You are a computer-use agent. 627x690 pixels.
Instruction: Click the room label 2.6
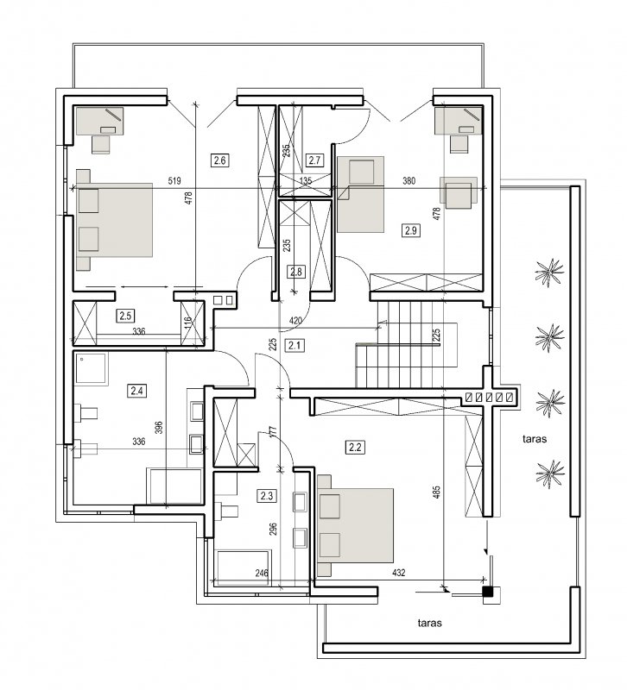point(220,160)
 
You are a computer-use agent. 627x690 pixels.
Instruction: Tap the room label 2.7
point(314,160)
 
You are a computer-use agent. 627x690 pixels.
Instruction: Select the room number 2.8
point(296,272)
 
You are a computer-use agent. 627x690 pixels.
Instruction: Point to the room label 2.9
point(410,230)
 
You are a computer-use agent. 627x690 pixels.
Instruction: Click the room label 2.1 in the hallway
point(294,346)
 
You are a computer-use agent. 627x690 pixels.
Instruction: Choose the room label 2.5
point(125,316)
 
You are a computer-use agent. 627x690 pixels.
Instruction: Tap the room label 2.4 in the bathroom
point(136,391)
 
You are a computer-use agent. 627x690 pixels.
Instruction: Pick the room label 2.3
point(267,496)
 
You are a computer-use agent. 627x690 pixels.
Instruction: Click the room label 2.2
point(355,448)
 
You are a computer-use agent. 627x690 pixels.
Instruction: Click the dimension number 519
point(174,181)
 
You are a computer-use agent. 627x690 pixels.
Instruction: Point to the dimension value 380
point(408,181)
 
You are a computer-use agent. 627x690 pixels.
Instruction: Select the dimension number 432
point(398,573)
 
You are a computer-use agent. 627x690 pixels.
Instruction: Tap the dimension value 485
point(437,492)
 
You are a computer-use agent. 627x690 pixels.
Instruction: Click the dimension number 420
point(295,320)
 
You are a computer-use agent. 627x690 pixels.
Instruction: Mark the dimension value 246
point(262,573)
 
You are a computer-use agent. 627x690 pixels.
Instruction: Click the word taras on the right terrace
point(535,439)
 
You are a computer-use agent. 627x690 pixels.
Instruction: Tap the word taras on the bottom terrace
point(429,623)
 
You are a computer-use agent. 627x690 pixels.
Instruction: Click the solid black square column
point(488,593)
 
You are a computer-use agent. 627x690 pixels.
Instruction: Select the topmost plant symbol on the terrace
point(549,273)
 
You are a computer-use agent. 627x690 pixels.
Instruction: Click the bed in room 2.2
point(355,525)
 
